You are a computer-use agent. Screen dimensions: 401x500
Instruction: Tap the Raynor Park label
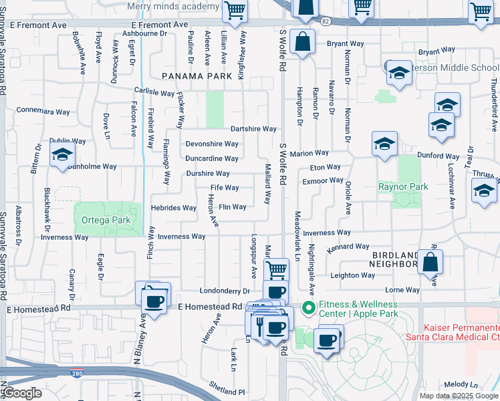click(x=403, y=186)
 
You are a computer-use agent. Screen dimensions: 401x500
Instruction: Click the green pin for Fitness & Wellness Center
click(x=308, y=307)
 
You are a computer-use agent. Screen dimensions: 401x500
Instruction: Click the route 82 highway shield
click(x=325, y=21)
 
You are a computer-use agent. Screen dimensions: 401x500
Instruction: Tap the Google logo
click(x=23, y=393)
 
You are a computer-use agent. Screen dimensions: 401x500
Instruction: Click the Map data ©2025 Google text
click(x=458, y=396)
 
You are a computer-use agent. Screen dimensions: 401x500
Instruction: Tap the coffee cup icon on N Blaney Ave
click(x=155, y=301)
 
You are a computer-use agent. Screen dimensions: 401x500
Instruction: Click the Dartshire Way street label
click(x=253, y=129)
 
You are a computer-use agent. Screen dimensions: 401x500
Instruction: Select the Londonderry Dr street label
click(x=225, y=291)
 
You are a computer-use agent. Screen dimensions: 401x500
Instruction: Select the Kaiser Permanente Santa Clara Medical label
click(x=461, y=333)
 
